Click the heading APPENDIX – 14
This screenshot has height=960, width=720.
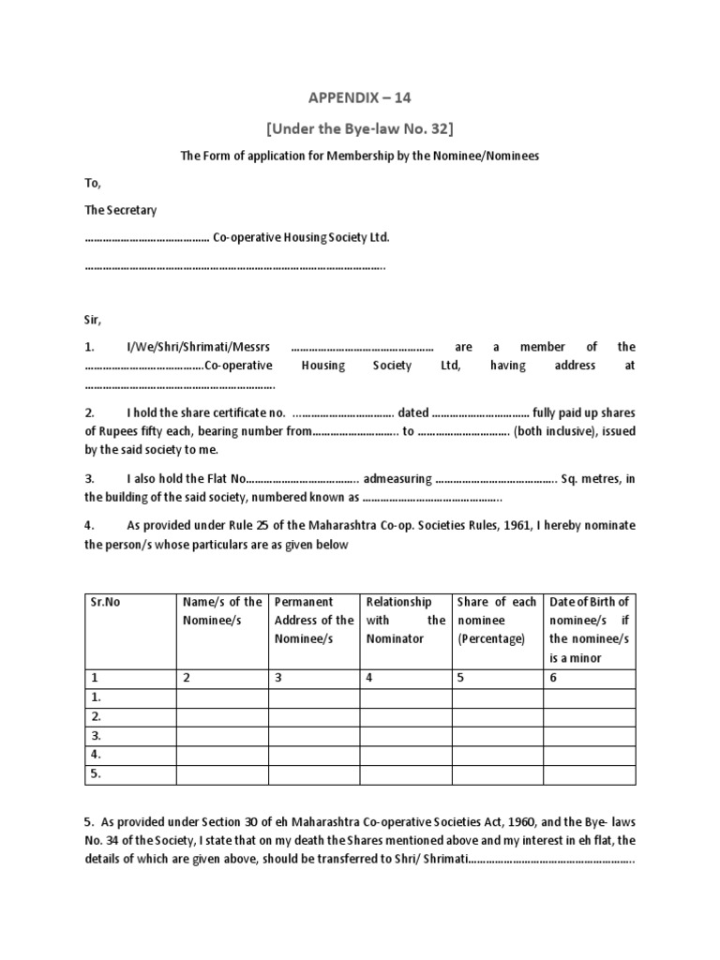(359, 97)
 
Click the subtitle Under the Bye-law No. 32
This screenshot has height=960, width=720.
(359, 127)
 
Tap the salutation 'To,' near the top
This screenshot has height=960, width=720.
(92, 183)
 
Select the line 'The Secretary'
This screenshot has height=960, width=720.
(121, 210)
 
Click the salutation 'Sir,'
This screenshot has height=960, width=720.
(92, 319)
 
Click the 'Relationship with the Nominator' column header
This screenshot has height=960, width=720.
(405, 620)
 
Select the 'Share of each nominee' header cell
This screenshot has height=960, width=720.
(496, 620)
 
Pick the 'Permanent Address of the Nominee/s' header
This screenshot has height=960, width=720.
(314, 620)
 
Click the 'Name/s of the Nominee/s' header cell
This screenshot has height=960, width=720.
(222, 611)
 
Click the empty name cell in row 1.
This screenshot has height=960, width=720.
(222, 697)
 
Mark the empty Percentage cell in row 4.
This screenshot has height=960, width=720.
(496, 755)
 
